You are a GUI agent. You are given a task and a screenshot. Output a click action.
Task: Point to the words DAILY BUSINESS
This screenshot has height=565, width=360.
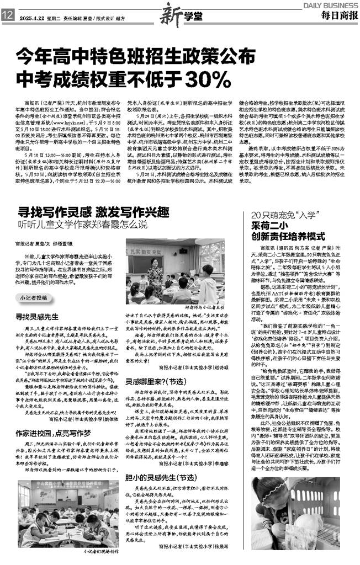click(330, 4)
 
